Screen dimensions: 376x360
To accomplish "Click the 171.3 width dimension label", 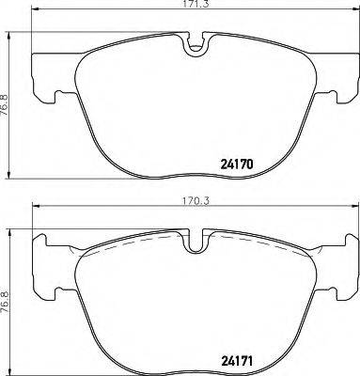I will [x=195, y=7].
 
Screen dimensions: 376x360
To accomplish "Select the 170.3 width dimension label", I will [x=195, y=200].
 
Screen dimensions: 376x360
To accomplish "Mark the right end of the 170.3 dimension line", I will [x=355, y=209].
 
